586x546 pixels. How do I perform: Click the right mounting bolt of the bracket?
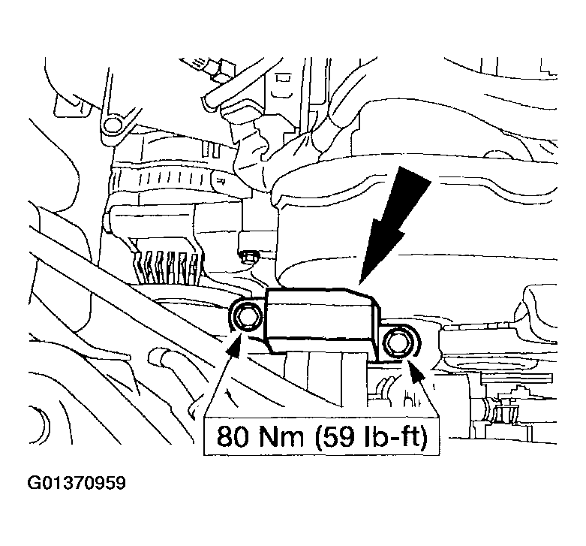coord(397,345)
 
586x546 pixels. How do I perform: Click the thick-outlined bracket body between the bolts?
coord(319,319)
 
